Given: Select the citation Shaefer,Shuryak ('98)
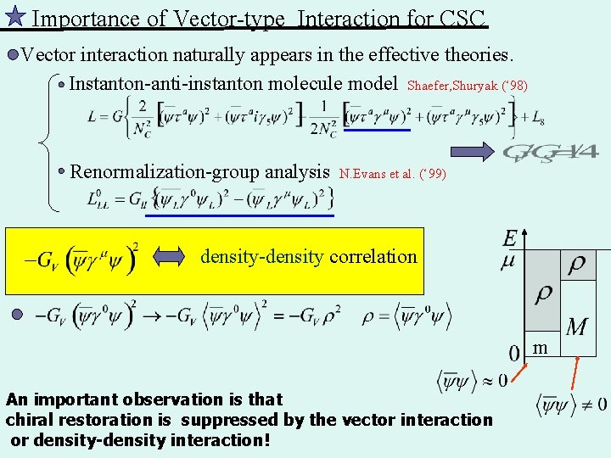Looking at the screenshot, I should (467, 86).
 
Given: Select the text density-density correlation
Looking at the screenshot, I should (309, 256).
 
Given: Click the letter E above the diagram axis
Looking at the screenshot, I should (509, 239).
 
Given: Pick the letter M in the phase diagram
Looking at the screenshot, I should (576, 327).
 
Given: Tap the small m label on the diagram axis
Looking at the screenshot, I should (540, 349).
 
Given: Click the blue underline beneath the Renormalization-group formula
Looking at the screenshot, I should (240, 215).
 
